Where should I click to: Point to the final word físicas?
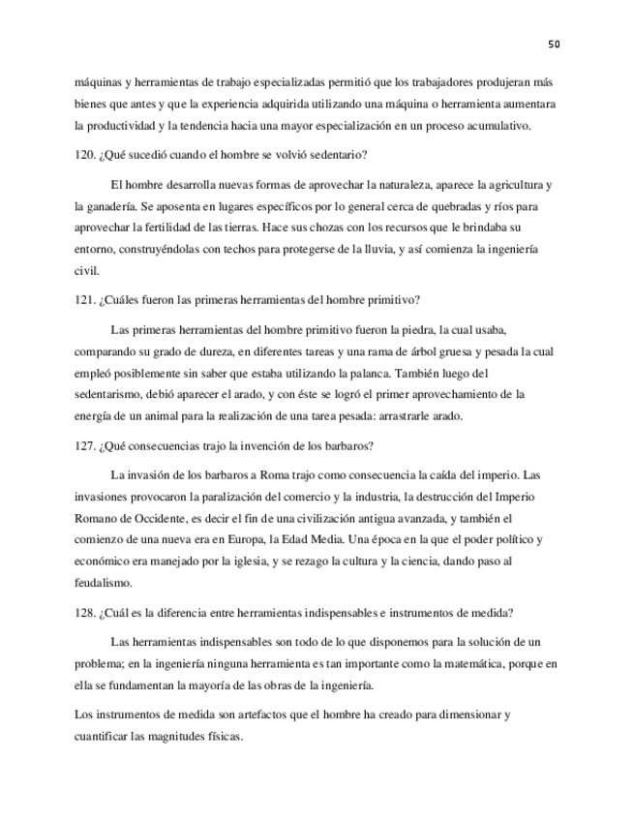click(x=222, y=736)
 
